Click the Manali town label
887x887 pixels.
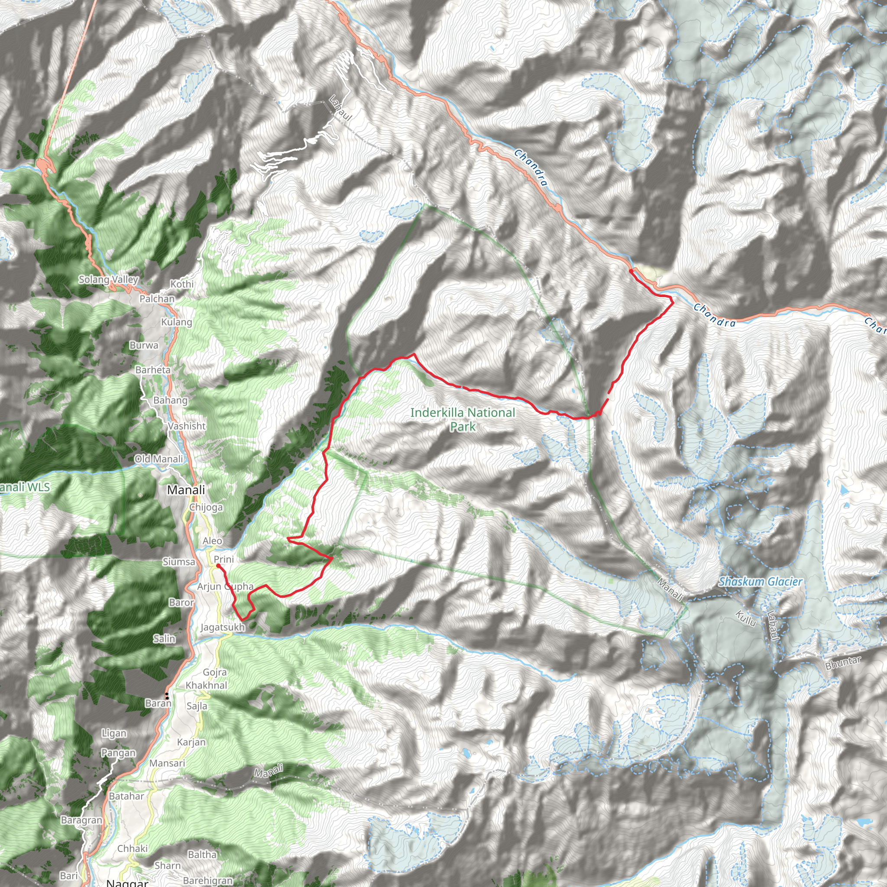click(x=186, y=490)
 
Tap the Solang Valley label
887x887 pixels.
click(x=108, y=279)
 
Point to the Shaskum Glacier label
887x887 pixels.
click(x=760, y=582)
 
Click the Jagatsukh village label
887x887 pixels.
click(x=223, y=627)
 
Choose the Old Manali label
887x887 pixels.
click(x=159, y=459)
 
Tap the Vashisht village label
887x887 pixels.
click(x=186, y=426)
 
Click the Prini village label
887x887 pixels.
click(x=223, y=559)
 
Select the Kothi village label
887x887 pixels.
click(x=182, y=284)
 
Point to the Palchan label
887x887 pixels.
click(x=157, y=298)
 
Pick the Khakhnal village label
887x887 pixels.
click(x=206, y=685)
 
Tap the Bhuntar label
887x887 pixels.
click(x=843, y=663)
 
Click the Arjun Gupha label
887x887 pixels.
click(x=225, y=586)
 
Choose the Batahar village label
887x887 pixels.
click(x=126, y=796)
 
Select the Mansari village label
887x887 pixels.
click(x=167, y=763)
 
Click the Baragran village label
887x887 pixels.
click(x=81, y=820)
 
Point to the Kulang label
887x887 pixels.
click(x=176, y=322)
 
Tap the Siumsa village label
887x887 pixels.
click(x=178, y=562)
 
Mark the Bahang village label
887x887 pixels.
click(x=170, y=400)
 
